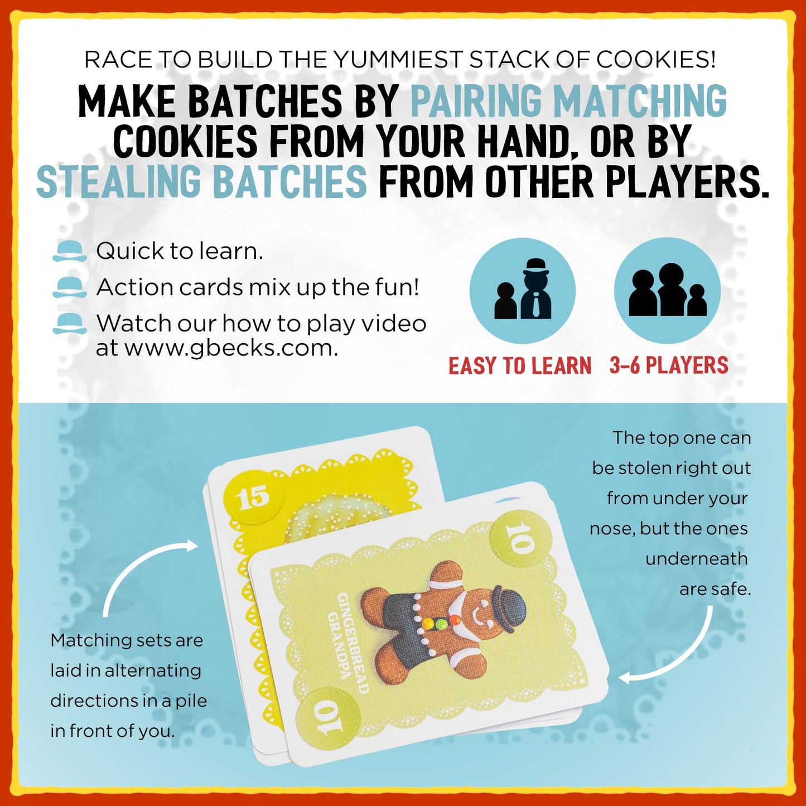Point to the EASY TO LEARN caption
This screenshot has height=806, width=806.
(x=519, y=365)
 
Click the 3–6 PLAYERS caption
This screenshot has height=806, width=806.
(x=669, y=365)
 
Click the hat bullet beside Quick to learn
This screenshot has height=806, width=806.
(x=70, y=252)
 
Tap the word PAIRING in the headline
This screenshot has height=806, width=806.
(x=479, y=100)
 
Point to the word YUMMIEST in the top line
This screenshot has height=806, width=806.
(x=399, y=60)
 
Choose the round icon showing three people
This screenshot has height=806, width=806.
(x=667, y=291)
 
